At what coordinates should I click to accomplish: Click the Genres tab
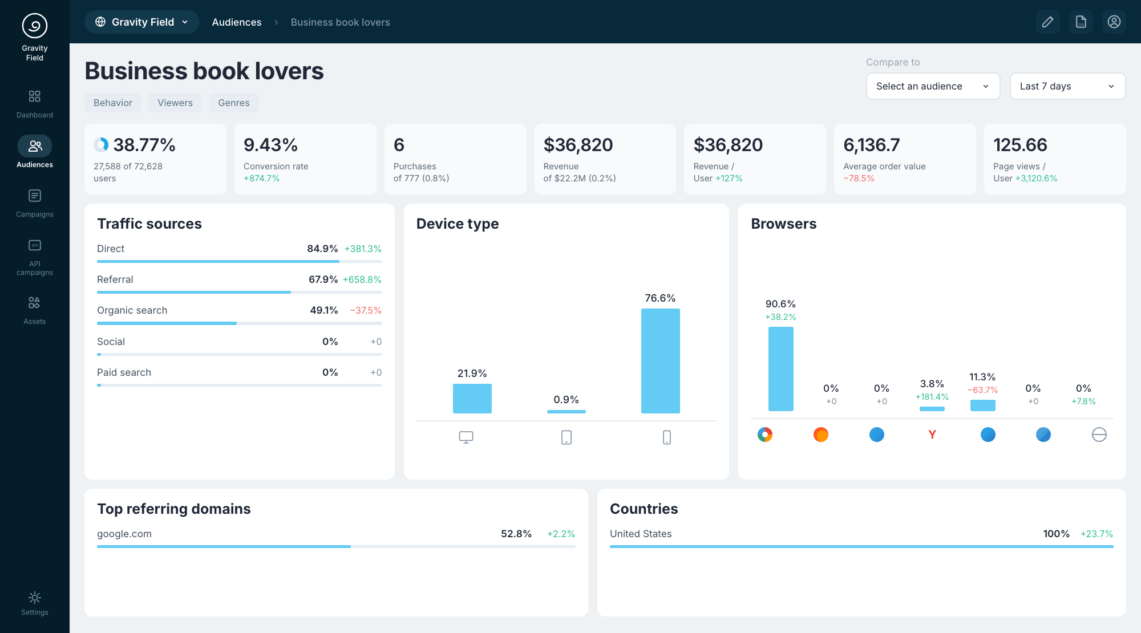(234, 103)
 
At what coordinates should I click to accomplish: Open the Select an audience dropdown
(933, 86)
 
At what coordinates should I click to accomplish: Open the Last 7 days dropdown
(1067, 86)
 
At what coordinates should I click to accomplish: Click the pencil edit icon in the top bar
(1048, 22)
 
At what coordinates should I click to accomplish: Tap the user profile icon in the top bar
(1114, 22)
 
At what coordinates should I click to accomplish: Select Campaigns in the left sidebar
(35, 204)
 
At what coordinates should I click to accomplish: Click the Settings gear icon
(35, 598)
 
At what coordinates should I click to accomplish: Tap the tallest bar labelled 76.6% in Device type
(661, 361)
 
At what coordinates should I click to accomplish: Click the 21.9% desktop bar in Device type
(472, 399)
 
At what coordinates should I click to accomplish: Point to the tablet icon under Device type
(567, 437)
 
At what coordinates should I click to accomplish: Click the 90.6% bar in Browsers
(781, 369)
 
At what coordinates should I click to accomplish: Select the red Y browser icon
(932, 435)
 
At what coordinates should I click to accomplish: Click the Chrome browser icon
(765, 435)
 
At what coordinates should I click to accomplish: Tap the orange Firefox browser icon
(821, 435)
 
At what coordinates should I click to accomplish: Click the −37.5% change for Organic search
(366, 310)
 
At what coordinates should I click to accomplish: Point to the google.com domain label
(124, 534)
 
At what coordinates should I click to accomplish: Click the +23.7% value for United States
(1097, 534)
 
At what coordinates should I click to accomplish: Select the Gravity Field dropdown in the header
(142, 22)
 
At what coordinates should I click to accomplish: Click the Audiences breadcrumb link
(237, 22)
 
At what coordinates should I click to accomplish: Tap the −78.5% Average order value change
(859, 178)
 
